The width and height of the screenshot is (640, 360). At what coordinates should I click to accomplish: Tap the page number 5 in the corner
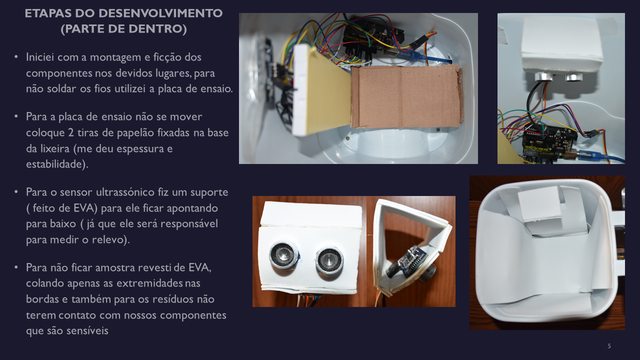tap(609, 346)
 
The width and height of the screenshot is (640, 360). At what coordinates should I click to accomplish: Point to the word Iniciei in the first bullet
tap(40, 57)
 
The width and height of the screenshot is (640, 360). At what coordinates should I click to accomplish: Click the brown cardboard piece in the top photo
tap(407, 97)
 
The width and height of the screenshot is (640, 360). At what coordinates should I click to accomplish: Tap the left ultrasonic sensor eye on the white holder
tap(284, 255)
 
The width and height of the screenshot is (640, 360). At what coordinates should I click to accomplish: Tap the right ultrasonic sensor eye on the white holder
tap(329, 260)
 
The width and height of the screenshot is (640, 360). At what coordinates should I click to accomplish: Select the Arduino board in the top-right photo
tap(548, 142)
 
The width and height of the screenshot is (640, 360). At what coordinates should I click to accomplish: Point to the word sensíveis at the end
tap(88, 331)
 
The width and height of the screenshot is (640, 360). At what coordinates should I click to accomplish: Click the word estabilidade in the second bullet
tap(56, 164)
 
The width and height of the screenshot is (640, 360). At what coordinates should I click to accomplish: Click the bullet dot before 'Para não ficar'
tap(16, 267)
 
